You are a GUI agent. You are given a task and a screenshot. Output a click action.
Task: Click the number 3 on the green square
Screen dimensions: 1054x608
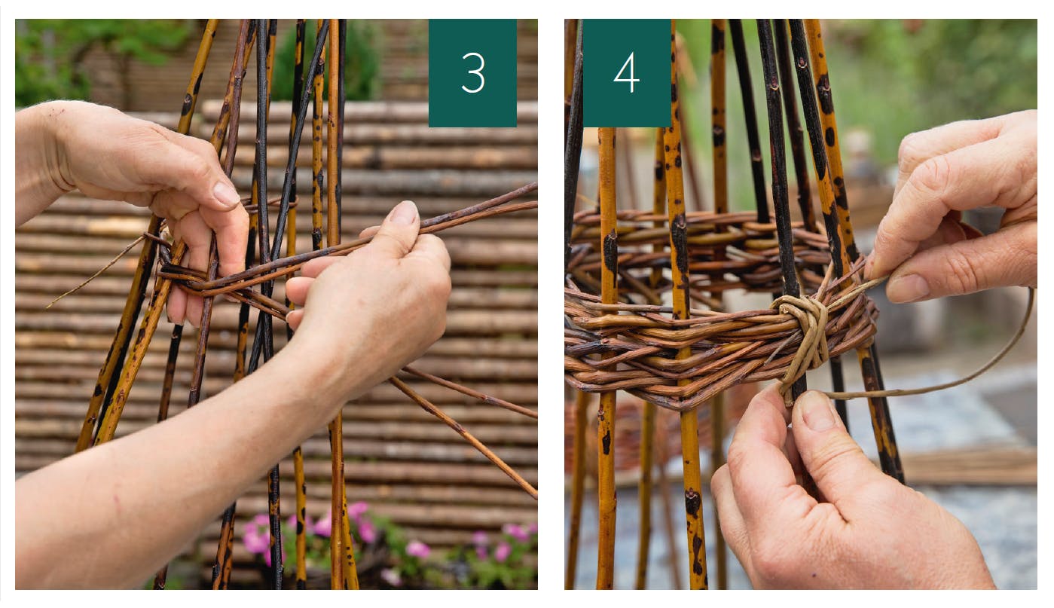[473, 72]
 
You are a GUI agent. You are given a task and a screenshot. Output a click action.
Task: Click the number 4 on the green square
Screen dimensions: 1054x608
[626, 72]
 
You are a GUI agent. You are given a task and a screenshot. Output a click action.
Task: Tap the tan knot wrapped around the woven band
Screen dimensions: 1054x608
[802, 340]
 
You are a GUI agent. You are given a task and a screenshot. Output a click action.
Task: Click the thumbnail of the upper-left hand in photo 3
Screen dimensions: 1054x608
[227, 194]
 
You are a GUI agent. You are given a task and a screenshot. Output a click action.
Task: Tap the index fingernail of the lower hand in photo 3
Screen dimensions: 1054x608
[404, 212]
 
